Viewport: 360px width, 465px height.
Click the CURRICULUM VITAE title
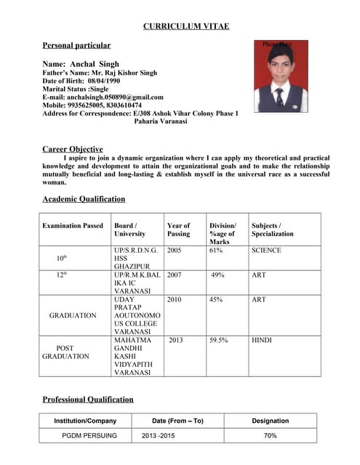185,26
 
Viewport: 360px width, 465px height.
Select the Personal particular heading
76,45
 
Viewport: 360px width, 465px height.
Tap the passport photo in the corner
281,76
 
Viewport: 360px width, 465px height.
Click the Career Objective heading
73,149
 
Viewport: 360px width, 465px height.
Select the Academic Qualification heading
84,198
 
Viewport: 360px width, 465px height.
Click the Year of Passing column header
178,230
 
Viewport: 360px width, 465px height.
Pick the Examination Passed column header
73,226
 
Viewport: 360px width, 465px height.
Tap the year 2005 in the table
175,251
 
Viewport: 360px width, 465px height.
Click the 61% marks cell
215,251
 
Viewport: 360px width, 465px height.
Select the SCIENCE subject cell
266,251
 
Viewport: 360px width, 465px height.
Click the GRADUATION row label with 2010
73,315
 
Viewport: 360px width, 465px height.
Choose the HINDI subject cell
262,340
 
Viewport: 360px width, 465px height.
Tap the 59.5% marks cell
220,340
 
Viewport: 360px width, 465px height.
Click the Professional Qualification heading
88,399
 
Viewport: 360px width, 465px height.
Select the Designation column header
270,421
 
